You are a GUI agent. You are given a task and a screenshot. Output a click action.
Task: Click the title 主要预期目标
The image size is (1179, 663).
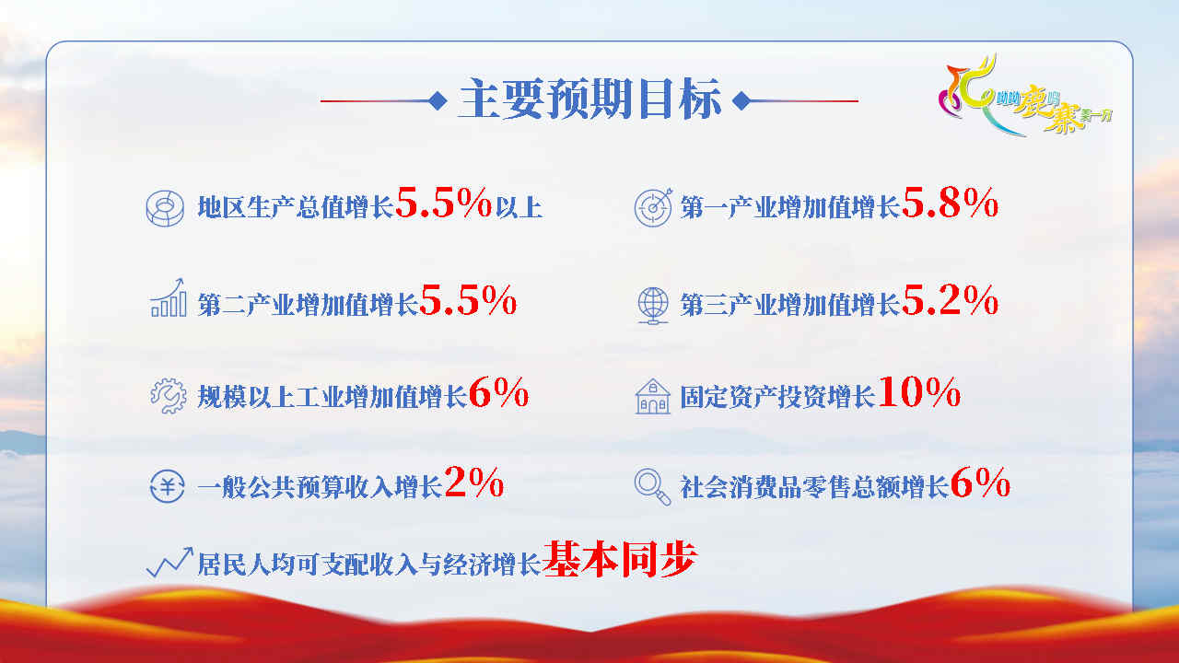[x=589, y=99]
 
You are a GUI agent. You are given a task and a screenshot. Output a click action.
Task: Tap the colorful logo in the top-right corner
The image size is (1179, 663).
[x=1023, y=96]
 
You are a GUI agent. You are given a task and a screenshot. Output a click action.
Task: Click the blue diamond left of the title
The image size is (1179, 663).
[x=438, y=100]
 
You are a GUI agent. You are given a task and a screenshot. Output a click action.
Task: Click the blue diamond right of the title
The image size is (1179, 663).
[x=741, y=100]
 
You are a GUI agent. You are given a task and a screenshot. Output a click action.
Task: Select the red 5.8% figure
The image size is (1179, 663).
[x=950, y=204]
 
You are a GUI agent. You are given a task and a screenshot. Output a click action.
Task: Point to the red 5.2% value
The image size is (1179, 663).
[x=950, y=300]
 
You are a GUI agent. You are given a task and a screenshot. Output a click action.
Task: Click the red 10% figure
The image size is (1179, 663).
[x=918, y=392]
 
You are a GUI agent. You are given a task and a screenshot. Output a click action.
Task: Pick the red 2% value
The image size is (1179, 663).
[x=473, y=483]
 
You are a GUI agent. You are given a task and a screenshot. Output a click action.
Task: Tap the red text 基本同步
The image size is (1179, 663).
[x=620, y=559]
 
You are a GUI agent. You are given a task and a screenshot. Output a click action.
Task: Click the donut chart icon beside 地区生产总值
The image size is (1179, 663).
[x=165, y=208]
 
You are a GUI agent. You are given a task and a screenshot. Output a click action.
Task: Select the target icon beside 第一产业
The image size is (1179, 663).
[x=653, y=207]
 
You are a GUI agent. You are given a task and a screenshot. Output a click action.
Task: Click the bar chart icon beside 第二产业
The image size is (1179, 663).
[x=168, y=297]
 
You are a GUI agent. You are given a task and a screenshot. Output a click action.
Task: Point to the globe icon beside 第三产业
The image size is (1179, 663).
[x=653, y=305]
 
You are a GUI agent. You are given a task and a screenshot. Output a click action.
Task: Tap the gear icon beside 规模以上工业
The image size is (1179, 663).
[x=169, y=396]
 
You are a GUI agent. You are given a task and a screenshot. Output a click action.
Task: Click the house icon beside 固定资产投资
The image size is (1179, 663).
[x=653, y=396]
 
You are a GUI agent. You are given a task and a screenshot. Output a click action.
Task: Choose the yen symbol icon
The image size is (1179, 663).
[x=167, y=486]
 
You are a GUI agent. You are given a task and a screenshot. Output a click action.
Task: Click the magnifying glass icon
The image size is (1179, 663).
[x=653, y=487]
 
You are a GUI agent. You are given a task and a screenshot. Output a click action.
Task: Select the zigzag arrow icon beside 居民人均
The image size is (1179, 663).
[x=169, y=562]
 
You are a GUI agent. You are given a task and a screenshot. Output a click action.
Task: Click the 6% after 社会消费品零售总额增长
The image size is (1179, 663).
[x=980, y=483]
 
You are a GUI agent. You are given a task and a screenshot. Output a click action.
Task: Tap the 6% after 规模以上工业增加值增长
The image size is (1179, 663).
[x=498, y=392]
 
